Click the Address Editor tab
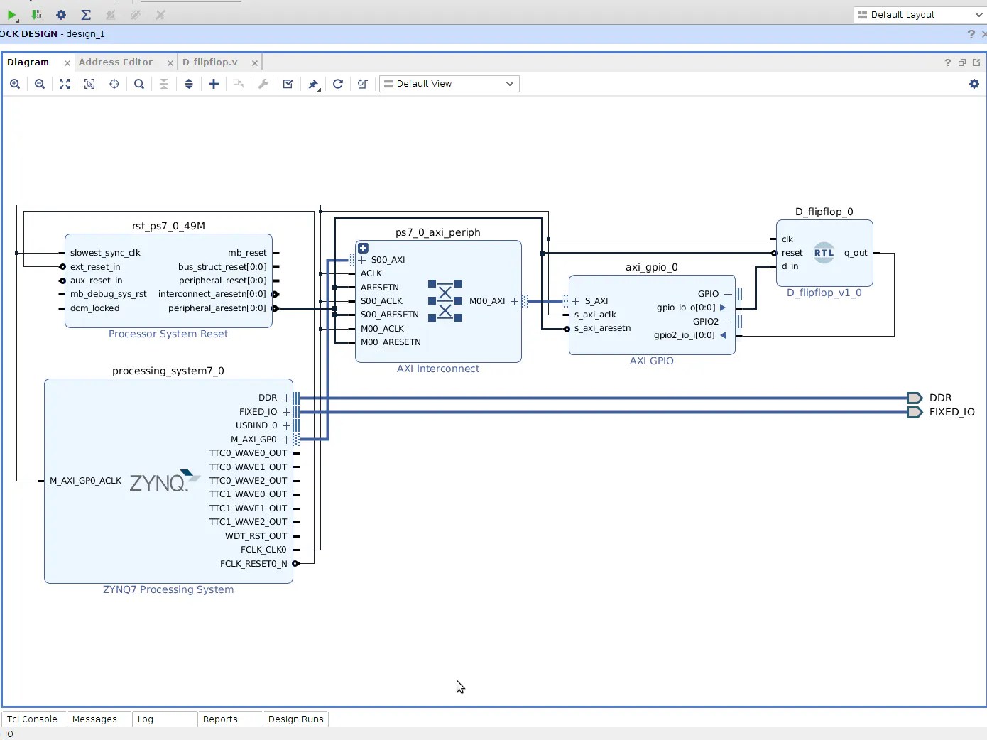[115, 62]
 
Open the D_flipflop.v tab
[209, 62]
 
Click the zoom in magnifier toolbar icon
[15, 84]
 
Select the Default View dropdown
[449, 84]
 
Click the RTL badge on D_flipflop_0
[823, 253]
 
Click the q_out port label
[855, 253]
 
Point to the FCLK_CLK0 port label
[263, 550]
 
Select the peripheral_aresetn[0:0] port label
[217, 308]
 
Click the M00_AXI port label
[487, 301]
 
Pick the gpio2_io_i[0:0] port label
[684, 335]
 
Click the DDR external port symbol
[914, 398]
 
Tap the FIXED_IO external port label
[951, 412]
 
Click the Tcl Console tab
[32, 719]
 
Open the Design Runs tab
[295, 719]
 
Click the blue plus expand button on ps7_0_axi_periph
[363, 248]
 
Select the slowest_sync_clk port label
[105, 253]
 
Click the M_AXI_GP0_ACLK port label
[85, 481]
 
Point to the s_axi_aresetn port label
[602, 328]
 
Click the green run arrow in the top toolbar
[11, 15]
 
